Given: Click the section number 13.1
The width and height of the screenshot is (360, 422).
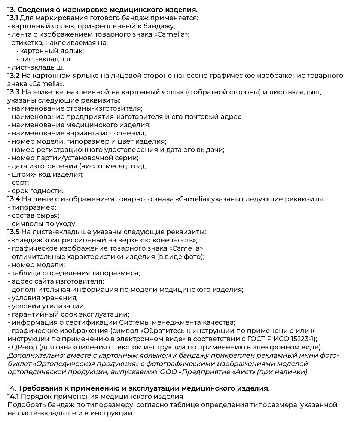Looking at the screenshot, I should (12, 18).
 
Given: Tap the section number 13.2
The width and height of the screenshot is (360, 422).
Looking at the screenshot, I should (13, 76).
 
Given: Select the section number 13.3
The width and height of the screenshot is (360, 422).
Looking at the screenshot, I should (13, 92).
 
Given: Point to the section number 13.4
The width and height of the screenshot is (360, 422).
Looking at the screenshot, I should (13, 199).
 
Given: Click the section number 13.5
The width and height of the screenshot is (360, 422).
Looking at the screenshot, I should (13, 232).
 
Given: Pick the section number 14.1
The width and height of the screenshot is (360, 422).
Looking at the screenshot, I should (12, 397).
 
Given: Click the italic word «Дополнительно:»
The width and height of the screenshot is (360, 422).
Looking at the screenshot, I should (32, 355).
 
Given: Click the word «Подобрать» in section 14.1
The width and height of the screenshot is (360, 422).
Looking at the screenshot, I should (25, 405).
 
